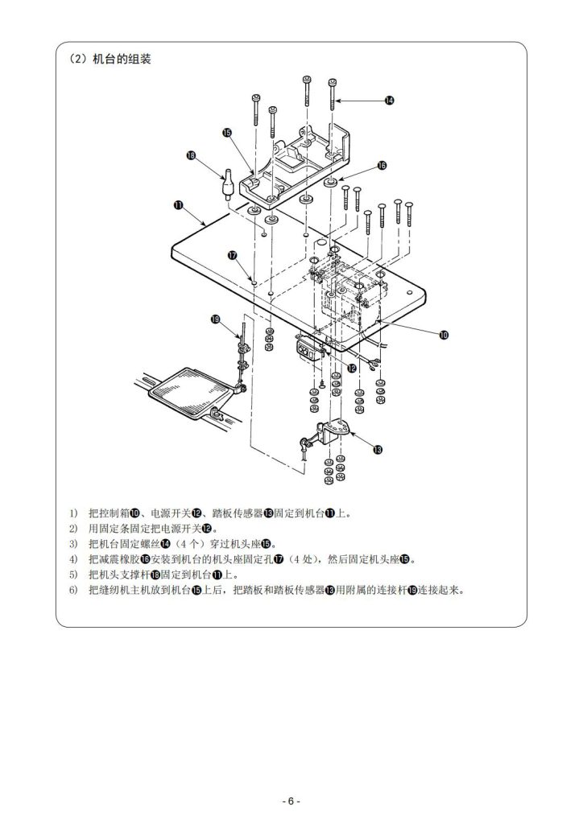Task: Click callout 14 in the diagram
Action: click(389, 101)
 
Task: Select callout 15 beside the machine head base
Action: click(227, 133)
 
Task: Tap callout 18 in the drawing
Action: click(192, 155)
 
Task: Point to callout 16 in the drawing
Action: click(382, 165)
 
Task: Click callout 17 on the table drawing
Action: click(232, 255)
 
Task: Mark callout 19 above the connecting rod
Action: click(215, 319)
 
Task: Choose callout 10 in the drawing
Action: click(444, 335)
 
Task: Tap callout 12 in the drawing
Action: click(352, 367)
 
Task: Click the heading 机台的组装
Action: click(122, 60)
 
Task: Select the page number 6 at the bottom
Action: click(291, 801)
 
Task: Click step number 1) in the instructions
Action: click(72, 513)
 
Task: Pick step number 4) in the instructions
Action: click(72, 558)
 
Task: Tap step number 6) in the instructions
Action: click(72, 589)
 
